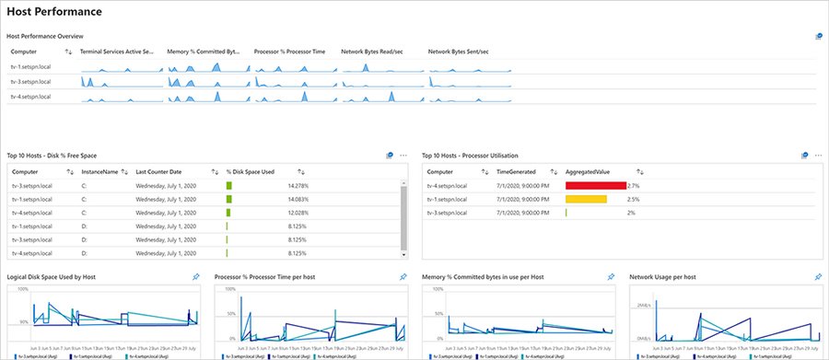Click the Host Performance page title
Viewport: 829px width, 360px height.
pyautogui.click(x=54, y=12)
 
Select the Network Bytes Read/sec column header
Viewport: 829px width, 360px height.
pyautogui.click(x=372, y=52)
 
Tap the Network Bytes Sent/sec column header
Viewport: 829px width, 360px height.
pyautogui.click(x=458, y=52)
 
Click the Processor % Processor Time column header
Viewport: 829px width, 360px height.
pyautogui.click(x=289, y=52)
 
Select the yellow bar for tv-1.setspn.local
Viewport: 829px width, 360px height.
pyautogui.click(x=586, y=199)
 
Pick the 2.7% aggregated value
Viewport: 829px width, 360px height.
pyautogui.click(x=633, y=186)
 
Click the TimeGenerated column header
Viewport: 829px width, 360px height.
pyautogui.click(x=516, y=171)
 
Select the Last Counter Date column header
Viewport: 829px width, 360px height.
pyautogui.click(x=167, y=171)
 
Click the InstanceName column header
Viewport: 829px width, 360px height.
pyautogui.click(x=100, y=171)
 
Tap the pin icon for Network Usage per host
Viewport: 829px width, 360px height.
pyautogui.click(x=819, y=276)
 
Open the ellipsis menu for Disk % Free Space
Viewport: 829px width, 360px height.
pyautogui.click(x=403, y=156)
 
